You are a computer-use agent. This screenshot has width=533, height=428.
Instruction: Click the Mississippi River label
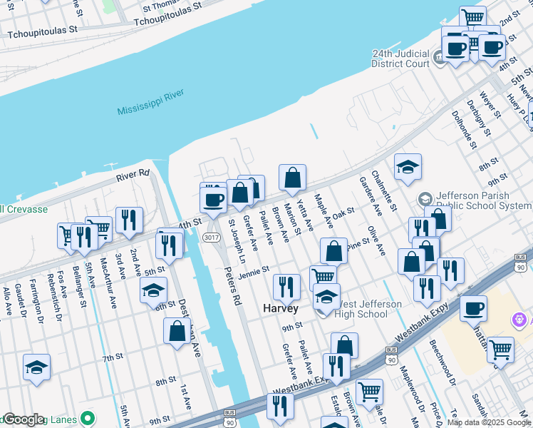pos(150,101)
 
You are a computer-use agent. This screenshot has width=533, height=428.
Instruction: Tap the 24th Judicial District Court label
pos(401,58)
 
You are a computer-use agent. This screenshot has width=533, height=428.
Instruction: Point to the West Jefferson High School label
pos(371,309)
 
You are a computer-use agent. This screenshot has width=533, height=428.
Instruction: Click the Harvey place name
pos(281,308)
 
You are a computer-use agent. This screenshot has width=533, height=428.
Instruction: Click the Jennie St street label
pos(253,272)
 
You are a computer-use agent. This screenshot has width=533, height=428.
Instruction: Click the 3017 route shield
pos(210,237)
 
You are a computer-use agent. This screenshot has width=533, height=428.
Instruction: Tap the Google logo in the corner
pos(24,419)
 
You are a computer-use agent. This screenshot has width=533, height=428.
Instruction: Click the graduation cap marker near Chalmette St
pos(408,168)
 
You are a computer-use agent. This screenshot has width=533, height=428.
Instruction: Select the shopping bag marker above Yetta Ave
pos(293,178)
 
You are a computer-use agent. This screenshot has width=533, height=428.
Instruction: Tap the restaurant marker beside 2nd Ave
pos(129,220)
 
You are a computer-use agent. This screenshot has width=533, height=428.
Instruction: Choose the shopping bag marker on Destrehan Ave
pos(177,332)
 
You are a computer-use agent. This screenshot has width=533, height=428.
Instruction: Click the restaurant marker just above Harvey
pos(286,287)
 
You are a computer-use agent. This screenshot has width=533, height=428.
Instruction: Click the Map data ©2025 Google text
pos(489,422)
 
